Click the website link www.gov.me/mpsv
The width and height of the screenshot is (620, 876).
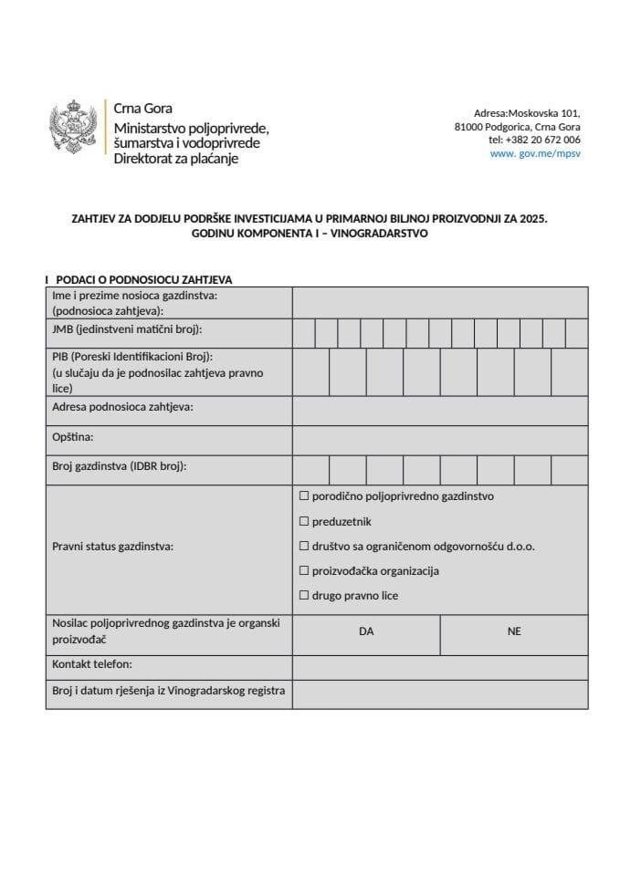click(x=535, y=154)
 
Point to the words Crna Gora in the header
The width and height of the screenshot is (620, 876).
click(x=142, y=109)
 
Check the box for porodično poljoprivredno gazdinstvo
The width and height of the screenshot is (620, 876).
click(x=305, y=496)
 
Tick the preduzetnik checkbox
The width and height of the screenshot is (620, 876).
click(x=305, y=522)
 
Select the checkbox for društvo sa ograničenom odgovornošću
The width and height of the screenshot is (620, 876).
click(x=305, y=547)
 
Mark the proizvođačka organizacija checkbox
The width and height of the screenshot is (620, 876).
click(x=305, y=571)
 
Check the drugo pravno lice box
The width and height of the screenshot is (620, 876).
click(x=305, y=596)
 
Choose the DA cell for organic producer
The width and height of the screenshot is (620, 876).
click(x=366, y=631)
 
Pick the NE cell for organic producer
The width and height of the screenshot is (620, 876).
click(x=514, y=631)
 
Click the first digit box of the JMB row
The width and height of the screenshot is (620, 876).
click(x=304, y=333)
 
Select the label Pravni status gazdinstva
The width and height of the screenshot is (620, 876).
click(x=113, y=547)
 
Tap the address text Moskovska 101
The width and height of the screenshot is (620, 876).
click(x=543, y=111)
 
